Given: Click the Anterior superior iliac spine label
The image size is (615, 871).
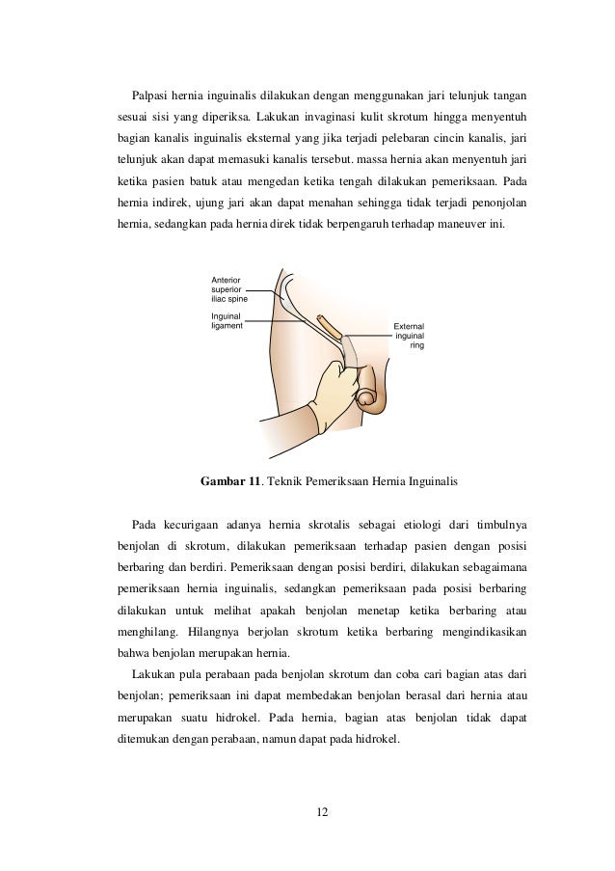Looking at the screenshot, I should click(x=228, y=288).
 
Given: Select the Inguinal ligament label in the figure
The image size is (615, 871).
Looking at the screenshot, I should click(x=227, y=320).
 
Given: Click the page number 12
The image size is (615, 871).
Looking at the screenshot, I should click(x=322, y=812).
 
